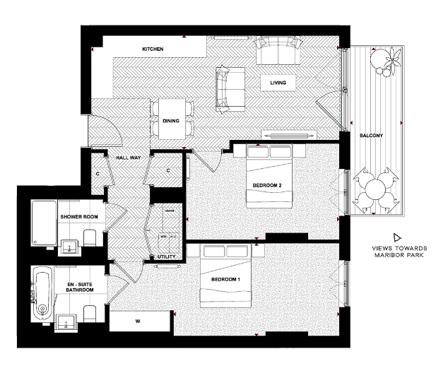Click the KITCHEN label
153,49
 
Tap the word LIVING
278,83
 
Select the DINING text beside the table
170,121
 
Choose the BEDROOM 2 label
267,186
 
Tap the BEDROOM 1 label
226,279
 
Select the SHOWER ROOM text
78,217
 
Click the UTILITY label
166,257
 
